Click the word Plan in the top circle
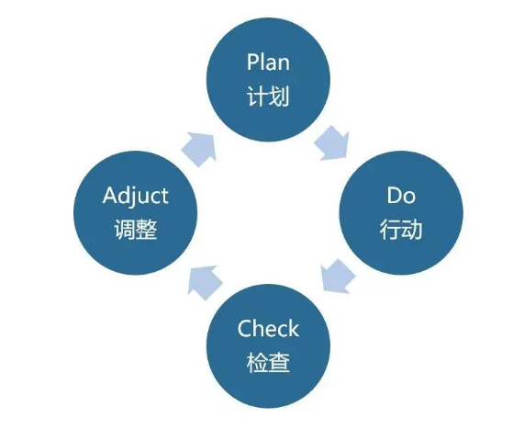click(268, 62)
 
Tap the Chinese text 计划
click(268, 96)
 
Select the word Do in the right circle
click(401, 195)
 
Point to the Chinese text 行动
click(401, 230)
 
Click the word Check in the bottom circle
click(268, 328)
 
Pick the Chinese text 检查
click(268, 362)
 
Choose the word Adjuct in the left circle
click(136, 197)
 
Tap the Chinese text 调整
click(136, 230)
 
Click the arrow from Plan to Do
click(332, 143)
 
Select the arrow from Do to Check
click(338, 276)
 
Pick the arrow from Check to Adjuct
click(205, 282)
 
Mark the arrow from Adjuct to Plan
click(199, 149)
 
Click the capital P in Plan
click(252, 62)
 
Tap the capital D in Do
click(395, 195)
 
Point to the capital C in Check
click(245, 329)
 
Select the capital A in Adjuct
click(110, 195)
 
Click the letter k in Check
click(293, 328)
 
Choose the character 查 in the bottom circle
click(279, 362)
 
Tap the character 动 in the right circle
click(412, 230)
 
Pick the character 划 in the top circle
click(279, 96)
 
